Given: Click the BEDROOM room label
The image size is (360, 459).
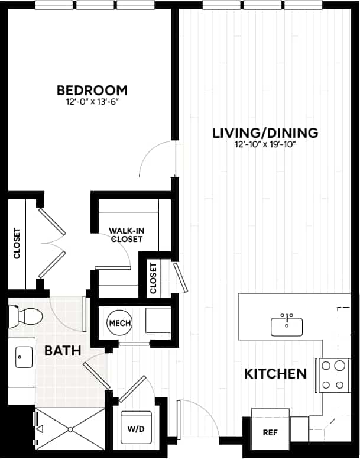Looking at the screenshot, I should [92, 90].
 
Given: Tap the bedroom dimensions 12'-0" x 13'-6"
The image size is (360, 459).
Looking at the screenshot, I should [92, 102].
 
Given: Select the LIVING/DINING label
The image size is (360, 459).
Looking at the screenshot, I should [265, 132].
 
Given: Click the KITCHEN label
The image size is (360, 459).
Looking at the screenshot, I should [276, 374].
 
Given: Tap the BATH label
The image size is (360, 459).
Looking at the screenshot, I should [63, 351].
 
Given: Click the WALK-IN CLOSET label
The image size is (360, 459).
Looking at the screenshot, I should [125, 235].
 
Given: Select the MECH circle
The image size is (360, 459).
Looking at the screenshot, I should [119, 324].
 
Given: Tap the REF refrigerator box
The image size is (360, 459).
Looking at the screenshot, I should [270, 432].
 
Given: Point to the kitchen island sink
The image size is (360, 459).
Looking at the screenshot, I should [287, 325].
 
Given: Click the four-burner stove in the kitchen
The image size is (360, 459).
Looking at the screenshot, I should [333, 375].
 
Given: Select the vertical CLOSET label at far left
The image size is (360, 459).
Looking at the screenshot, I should [17, 244].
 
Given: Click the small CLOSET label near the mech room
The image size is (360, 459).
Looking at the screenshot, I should [154, 278].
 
